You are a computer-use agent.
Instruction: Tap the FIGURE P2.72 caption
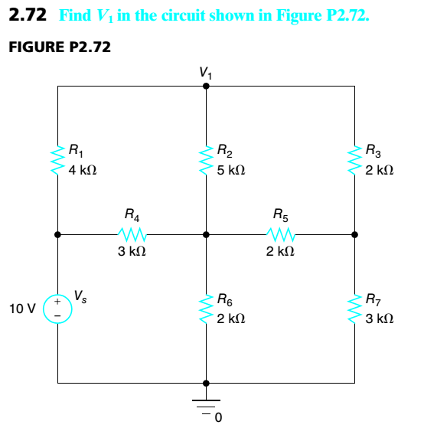point(59,47)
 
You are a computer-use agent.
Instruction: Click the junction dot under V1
point(205,87)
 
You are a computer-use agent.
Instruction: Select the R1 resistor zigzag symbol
point(58,157)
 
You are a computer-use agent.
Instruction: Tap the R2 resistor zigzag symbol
point(205,157)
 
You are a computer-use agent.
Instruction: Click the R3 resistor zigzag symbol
point(354,157)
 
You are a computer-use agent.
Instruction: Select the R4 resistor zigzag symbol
point(132,234)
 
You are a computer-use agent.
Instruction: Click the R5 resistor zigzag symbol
point(280,234)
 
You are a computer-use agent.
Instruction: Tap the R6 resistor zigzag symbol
point(205,308)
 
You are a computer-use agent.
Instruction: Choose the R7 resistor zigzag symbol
point(354,308)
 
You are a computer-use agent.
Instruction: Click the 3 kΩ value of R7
point(379,318)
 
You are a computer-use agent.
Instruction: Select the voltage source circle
point(58,309)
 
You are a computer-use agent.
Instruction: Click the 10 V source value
point(22,309)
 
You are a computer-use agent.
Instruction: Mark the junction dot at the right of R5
point(354,234)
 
